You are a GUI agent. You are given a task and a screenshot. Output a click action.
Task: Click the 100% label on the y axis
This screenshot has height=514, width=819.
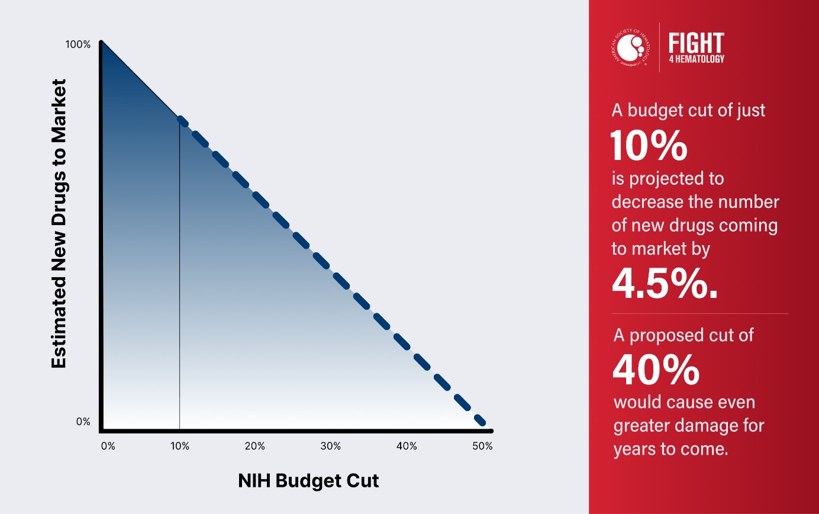click(x=78, y=44)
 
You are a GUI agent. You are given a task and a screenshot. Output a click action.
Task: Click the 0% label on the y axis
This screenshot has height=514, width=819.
click(x=83, y=422)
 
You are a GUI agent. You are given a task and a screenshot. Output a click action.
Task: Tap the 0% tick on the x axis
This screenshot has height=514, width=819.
click(x=108, y=446)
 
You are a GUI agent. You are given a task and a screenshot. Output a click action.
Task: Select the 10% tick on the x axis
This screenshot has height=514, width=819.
click(x=180, y=446)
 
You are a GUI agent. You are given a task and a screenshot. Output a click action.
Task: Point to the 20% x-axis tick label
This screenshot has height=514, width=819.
click(x=254, y=446)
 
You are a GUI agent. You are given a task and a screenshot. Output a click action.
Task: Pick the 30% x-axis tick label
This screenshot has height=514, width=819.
click(x=331, y=446)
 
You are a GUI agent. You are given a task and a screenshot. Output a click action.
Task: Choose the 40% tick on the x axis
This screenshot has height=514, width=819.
click(x=407, y=446)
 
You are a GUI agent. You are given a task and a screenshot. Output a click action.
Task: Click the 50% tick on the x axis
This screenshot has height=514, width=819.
click(x=482, y=446)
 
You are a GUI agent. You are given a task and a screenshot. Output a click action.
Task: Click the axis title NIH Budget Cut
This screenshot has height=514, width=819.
click(x=308, y=481)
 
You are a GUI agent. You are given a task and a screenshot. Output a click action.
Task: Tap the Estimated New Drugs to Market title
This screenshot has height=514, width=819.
click(x=59, y=224)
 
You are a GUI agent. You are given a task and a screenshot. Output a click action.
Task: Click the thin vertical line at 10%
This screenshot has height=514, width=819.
click(x=179, y=272)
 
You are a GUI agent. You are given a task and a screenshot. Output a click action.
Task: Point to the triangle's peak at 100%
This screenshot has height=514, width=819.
click(x=102, y=43)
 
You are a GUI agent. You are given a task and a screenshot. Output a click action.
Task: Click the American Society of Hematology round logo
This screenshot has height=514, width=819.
click(x=630, y=47)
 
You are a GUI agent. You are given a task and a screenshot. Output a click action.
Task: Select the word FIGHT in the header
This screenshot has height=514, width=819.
click(x=696, y=43)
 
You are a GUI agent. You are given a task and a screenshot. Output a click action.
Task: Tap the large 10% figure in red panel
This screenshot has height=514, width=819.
click(x=649, y=146)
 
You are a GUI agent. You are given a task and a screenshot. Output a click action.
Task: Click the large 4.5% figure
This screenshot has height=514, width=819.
click(x=665, y=284)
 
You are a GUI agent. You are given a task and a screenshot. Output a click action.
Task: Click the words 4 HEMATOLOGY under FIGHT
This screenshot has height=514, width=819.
click(x=696, y=59)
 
